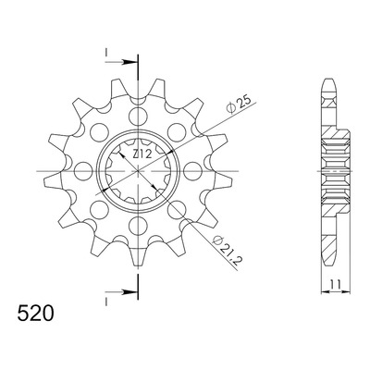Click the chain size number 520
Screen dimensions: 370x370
[36, 313]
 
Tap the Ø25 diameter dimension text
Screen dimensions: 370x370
[240, 105]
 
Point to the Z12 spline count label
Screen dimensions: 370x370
[142, 154]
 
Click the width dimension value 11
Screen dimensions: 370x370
[336, 284]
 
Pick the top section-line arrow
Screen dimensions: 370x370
[121, 62]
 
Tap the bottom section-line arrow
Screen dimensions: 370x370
[121, 291]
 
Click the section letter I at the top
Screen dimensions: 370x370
[105, 53]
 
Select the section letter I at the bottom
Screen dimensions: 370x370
[105, 302]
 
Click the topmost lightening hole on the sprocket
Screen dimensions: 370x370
[138, 117]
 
